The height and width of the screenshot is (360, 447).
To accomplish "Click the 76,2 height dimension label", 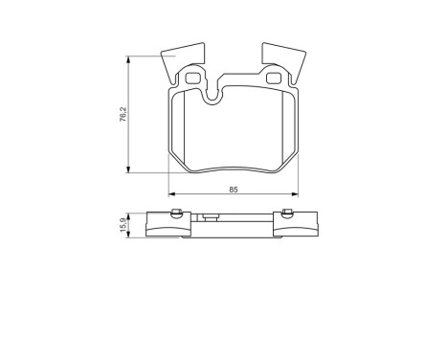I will click(x=123, y=114).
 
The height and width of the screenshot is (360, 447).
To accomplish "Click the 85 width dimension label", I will click(x=234, y=190).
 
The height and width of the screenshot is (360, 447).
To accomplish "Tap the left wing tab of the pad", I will click(x=181, y=59).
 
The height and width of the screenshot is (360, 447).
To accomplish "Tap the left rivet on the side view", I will click(x=176, y=214).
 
